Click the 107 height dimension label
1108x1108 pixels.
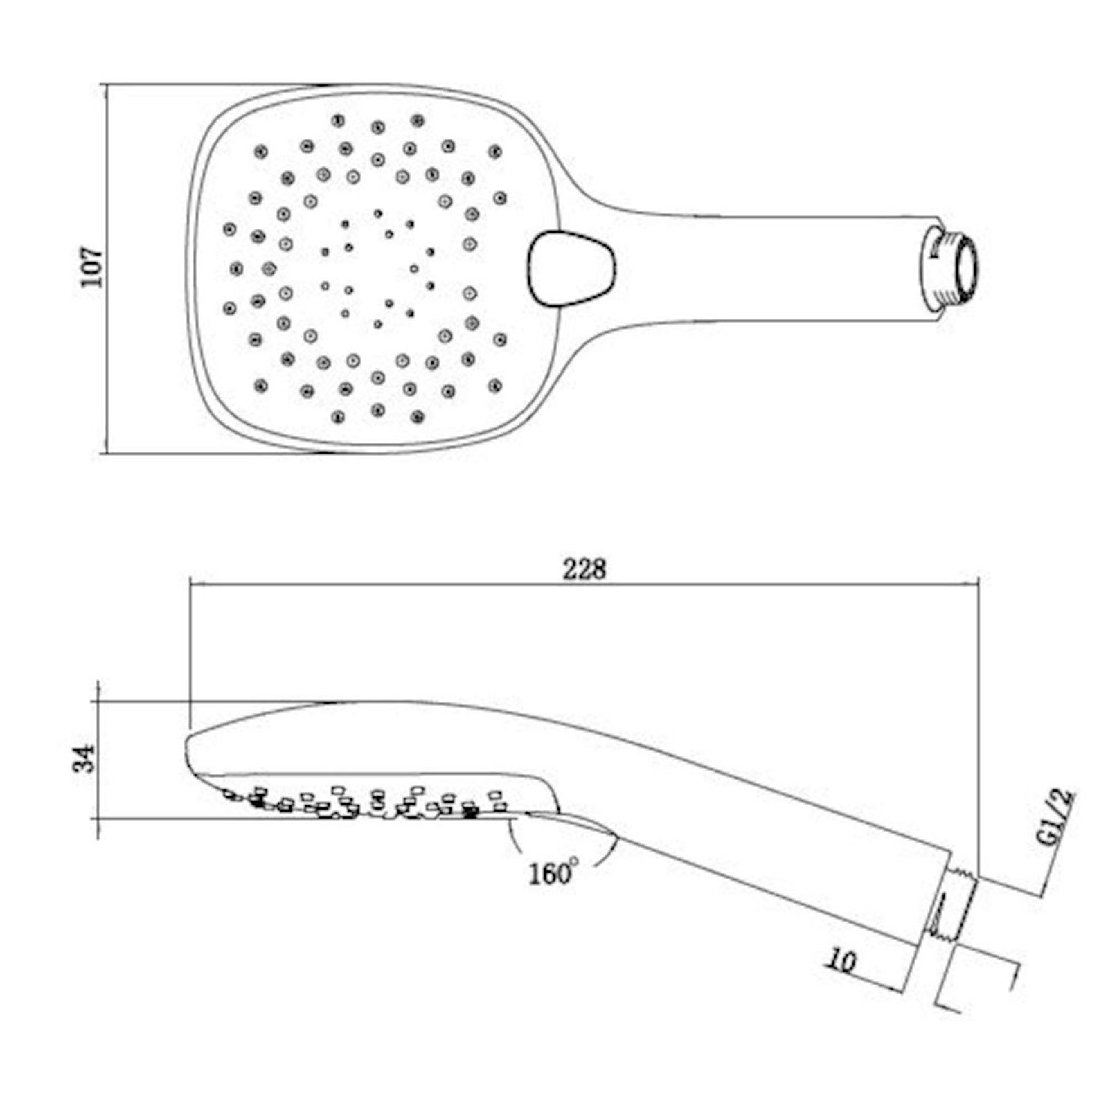coord(91,266)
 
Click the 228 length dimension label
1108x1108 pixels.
coord(584,569)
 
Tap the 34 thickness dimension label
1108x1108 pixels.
coord(84,759)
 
